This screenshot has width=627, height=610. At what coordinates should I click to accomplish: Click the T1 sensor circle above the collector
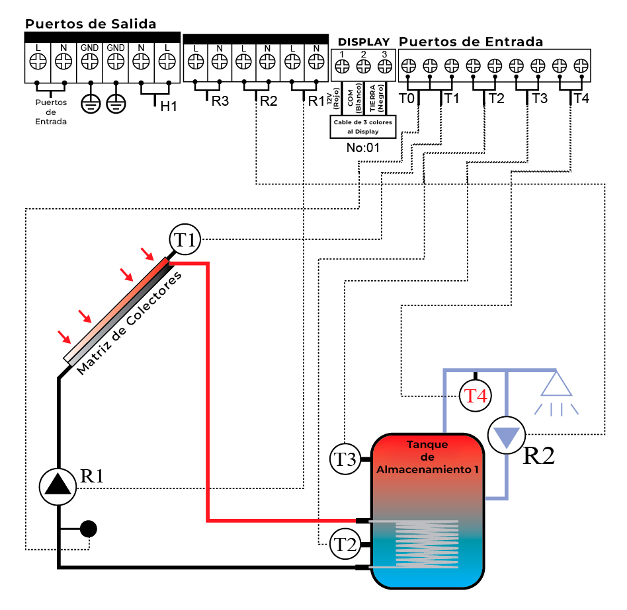pyautogui.click(x=185, y=240)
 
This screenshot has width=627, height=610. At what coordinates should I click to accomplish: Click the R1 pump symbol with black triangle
pyautogui.click(x=59, y=486)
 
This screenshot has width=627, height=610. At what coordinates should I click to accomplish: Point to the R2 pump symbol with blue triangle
pyautogui.click(x=506, y=436)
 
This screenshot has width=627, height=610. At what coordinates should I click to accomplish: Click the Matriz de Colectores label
pyautogui.click(x=129, y=323)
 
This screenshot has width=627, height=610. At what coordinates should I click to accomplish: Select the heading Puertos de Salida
pyautogui.click(x=91, y=24)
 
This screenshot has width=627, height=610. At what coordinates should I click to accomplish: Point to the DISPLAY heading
pyautogui.click(x=364, y=42)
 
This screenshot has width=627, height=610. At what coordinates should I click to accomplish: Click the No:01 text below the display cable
pyautogui.click(x=363, y=147)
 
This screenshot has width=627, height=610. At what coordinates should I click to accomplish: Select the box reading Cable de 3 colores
pyautogui.click(x=363, y=127)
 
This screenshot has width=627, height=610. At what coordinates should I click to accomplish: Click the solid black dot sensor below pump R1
pyautogui.click(x=89, y=529)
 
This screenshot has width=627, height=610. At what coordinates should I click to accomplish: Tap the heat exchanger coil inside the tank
pyautogui.click(x=427, y=545)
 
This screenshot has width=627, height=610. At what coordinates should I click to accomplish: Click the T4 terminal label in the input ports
pyautogui.click(x=581, y=99)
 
